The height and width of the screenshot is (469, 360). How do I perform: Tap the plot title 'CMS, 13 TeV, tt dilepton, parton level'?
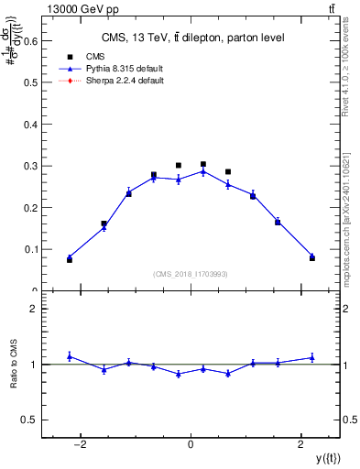coord(191,37)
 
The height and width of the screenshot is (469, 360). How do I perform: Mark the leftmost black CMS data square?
coord(70,260)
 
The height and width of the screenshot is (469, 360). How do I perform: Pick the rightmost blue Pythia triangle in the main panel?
coord(311,256)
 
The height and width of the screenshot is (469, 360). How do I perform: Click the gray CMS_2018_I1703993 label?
coord(191,274)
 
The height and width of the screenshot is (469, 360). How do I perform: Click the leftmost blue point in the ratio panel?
coord(70,356)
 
